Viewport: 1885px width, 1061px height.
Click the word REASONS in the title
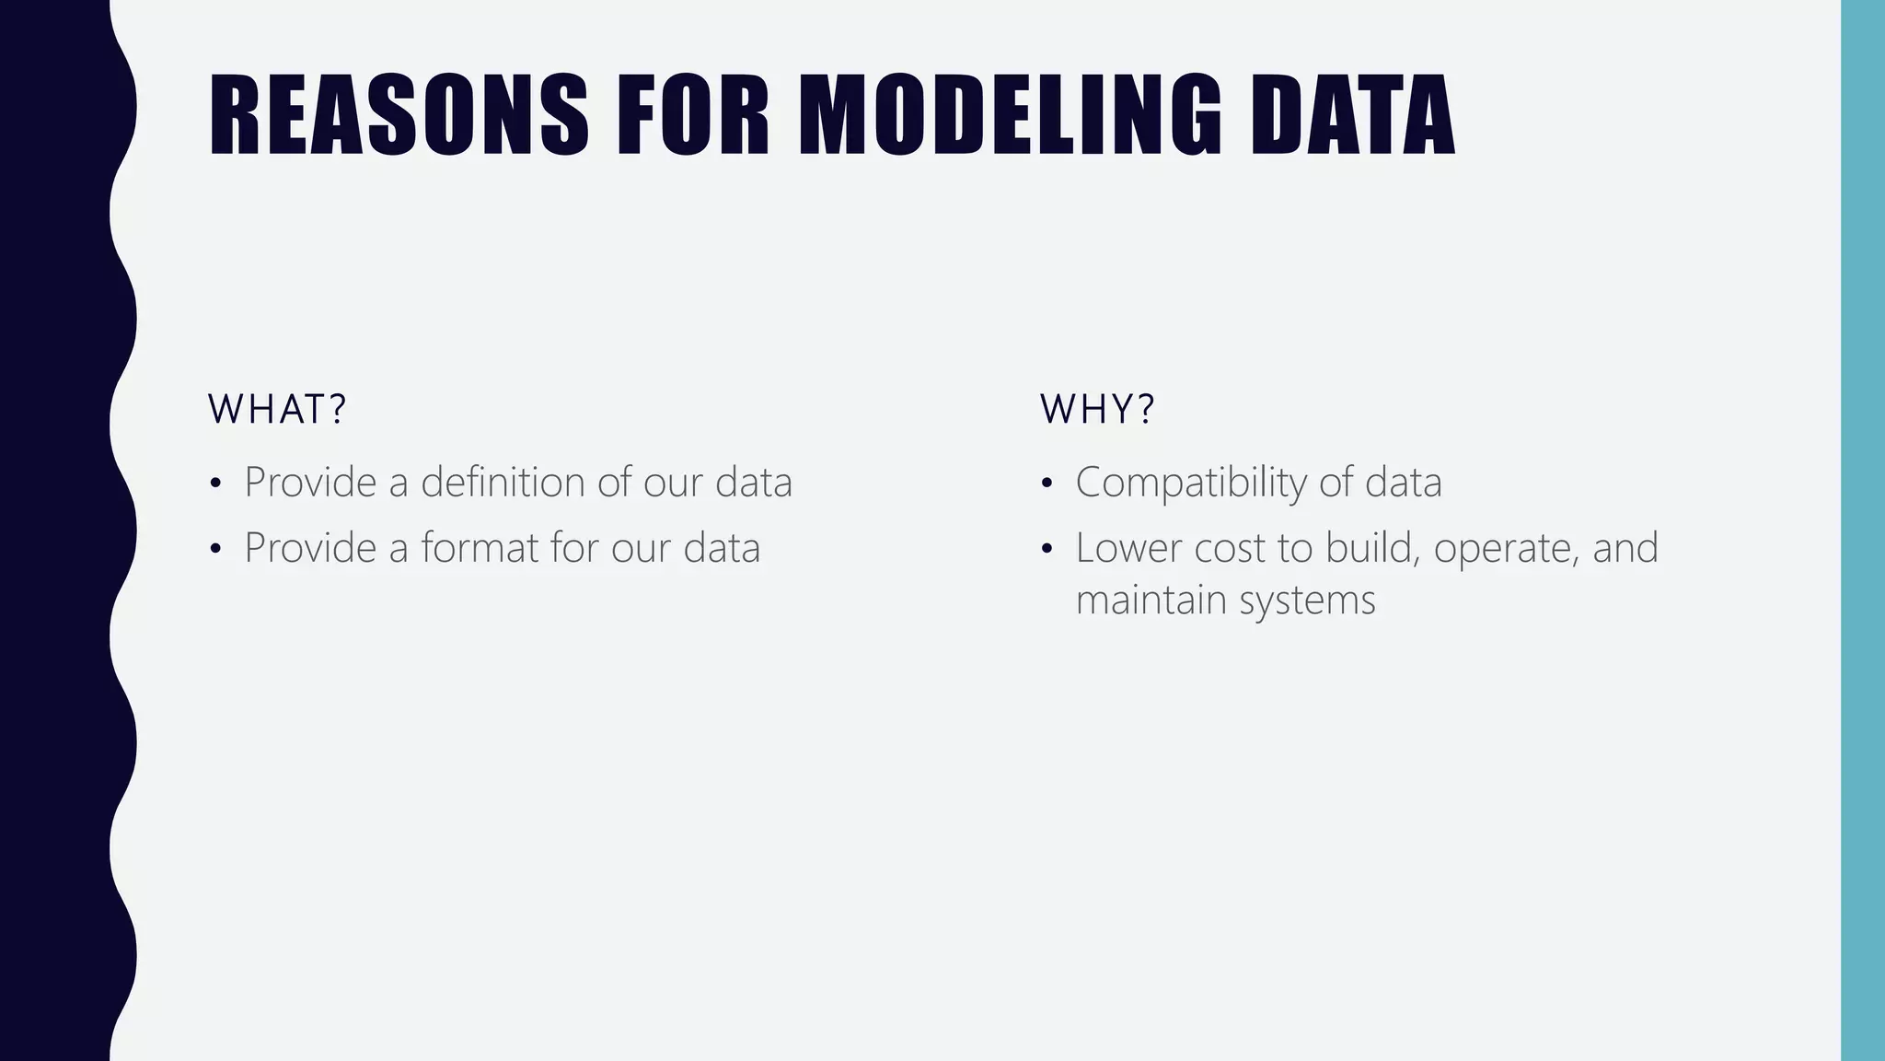pyautogui.click(x=398, y=115)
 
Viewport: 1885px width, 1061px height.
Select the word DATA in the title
pyautogui.click(x=1352, y=115)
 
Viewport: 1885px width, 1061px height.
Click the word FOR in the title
pyautogui.click(x=691, y=115)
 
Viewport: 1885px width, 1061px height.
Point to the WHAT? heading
pyautogui.click(x=276, y=409)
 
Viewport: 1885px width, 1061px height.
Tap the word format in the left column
pyautogui.click(x=480, y=548)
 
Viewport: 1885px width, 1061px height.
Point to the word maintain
pyautogui.click(x=1151, y=600)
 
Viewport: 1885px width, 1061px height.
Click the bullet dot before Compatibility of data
pyautogui.click(x=1047, y=484)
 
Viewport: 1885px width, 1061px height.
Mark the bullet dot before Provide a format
pyautogui.click(x=215, y=550)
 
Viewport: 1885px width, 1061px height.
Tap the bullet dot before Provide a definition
pyautogui.click(x=215, y=484)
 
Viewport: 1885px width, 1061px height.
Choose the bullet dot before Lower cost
pyautogui.click(x=1047, y=550)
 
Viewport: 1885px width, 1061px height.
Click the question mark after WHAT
pyautogui.click(x=337, y=409)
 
